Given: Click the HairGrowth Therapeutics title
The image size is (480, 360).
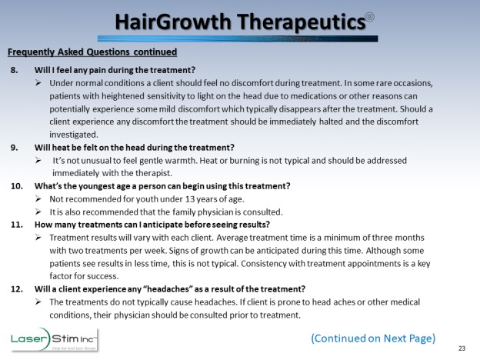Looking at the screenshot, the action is pyautogui.click(x=241, y=22).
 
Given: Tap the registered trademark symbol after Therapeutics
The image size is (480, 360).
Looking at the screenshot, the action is pyautogui.click(x=370, y=17).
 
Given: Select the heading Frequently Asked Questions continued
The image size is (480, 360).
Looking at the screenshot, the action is pyautogui.click(x=92, y=52).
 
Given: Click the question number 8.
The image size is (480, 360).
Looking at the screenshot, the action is pyautogui.click(x=14, y=70).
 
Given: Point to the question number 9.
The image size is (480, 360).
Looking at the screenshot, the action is pyautogui.click(x=14, y=148).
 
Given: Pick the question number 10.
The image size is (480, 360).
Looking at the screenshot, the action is pyautogui.click(x=17, y=186).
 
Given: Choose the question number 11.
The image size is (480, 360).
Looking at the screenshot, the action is pyautogui.click(x=17, y=225).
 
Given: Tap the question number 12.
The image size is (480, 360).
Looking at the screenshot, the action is pyautogui.click(x=17, y=289).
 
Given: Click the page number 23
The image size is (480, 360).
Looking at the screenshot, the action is pyautogui.click(x=462, y=348).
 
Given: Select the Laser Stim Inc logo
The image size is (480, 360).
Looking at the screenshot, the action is pyautogui.click(x=54, y=340).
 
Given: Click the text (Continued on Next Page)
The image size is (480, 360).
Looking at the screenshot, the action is pyautogui.click(x=373, y=338).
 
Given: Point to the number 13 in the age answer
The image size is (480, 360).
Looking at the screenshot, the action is pyautogui.click(x=190, y=199).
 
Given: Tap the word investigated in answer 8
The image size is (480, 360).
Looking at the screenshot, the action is pyautogui.click(x=74, y=135).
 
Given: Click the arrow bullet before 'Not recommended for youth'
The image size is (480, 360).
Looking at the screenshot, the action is pyautogui.click(x=38, y=199).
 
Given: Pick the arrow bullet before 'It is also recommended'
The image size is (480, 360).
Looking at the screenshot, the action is pyautogui.click(x=38, y=212).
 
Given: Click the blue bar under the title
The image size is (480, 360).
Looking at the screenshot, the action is pyautogui.click(x=238, y=38).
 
